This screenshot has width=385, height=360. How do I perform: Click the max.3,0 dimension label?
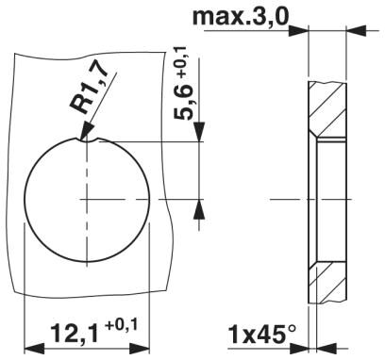pyautogui.click(x=241, y=17)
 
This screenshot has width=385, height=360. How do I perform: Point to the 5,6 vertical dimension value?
pyautogui.click(x=183, y=102)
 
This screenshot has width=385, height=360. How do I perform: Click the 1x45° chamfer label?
pyautogui.click(x=262, y=335)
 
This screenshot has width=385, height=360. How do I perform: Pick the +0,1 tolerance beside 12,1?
pyautogui.click(x=122, y=325)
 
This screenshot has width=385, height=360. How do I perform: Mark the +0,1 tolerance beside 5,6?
pyautogui.click(x=182, y=61)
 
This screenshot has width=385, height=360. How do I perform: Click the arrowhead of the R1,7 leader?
pyautogui.click(x=87, y=132)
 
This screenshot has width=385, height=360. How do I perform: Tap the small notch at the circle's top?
pyautogui.click(x=92, y=140)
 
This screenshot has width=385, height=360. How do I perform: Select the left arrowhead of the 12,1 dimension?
pyautogui.click(x=34, y=349)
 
